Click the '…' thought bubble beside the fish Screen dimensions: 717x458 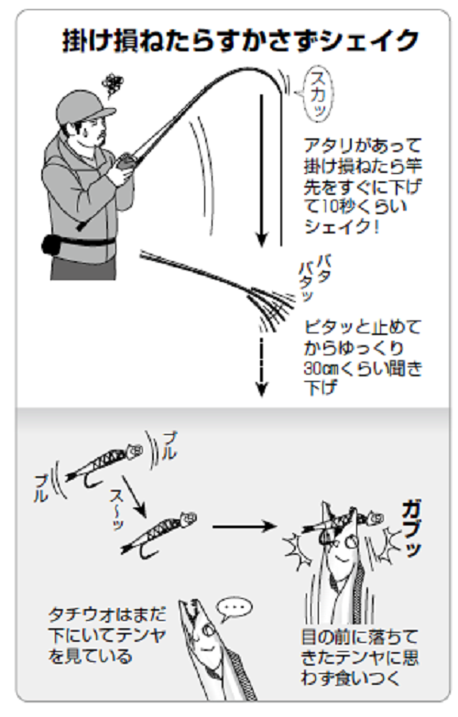236,606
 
